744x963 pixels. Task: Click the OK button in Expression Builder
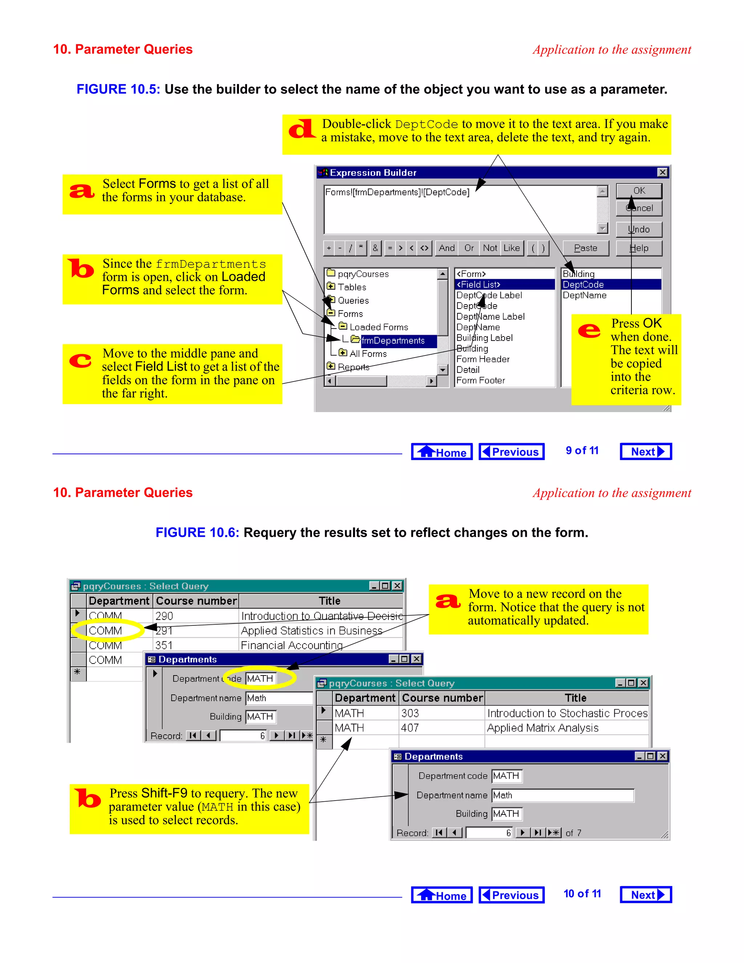click(x=639, y=190)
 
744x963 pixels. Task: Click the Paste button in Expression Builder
click(x=585, y=248)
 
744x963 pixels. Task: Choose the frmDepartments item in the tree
click(x=393, y=341)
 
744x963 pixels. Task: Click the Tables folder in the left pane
click(x=352, y=287)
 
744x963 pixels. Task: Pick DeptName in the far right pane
click(x=585, y=295)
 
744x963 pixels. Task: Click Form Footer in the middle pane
click(x=480, y=380)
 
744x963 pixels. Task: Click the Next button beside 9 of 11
click(x=646, y=451)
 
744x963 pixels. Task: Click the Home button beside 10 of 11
click(x=442, y=895)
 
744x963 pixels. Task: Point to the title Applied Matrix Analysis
click(x=543, y=728)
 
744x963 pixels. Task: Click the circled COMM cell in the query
click(x=106, y=630)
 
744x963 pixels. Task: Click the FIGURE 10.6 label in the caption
click(x=197, y=533)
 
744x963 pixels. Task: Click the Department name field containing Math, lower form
click(x=562, y=795)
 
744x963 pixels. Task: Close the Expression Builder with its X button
click(x=662, y=172)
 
